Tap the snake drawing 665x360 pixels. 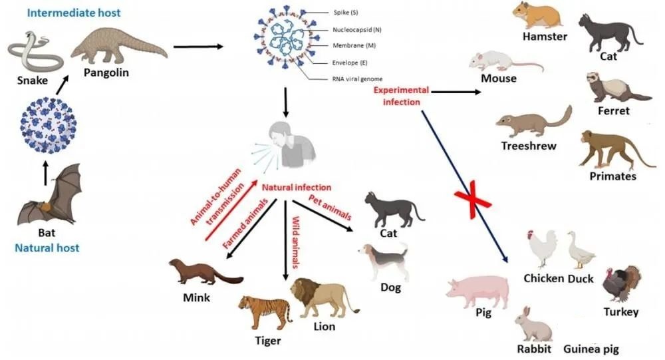[35, 53]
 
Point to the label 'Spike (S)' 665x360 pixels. [346, 13]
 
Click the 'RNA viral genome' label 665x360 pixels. [358, 79]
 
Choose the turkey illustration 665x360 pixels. [621, 283]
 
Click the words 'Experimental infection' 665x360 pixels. [401, 96]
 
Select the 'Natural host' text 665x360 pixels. [47, 248]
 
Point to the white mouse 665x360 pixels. [505, 61]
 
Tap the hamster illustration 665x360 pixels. [538, 16]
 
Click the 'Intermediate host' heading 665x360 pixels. [74, 13]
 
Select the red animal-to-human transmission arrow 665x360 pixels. [231, 210]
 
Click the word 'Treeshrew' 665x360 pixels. [529, 146]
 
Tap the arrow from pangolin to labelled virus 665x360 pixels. [198, 47]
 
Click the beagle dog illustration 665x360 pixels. [384, 261]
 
